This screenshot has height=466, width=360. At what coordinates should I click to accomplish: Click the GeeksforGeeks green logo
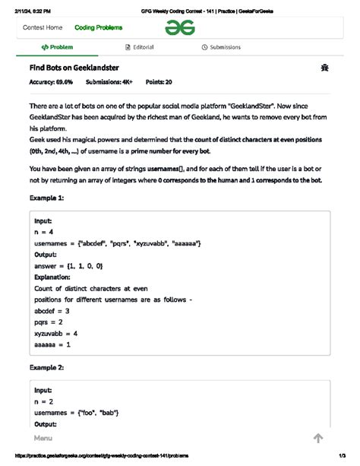click(x=181, y=27)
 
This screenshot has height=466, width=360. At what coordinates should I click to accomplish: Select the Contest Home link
click(x=43, y=27)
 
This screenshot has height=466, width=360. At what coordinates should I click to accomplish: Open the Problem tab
click(x=58, y=47)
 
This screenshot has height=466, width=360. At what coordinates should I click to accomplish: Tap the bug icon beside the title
click(x=325, y=68)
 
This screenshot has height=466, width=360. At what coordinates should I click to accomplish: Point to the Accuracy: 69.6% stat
click(x=51, y=81)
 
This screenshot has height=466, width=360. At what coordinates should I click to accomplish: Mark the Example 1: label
click(x=46, y=198)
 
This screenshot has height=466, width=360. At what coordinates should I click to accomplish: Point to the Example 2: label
click(x=46, y=367)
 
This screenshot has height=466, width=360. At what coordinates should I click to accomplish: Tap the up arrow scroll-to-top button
click(x=318, y=438)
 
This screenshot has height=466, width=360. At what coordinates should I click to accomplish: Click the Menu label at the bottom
click(x=43, y=439)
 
